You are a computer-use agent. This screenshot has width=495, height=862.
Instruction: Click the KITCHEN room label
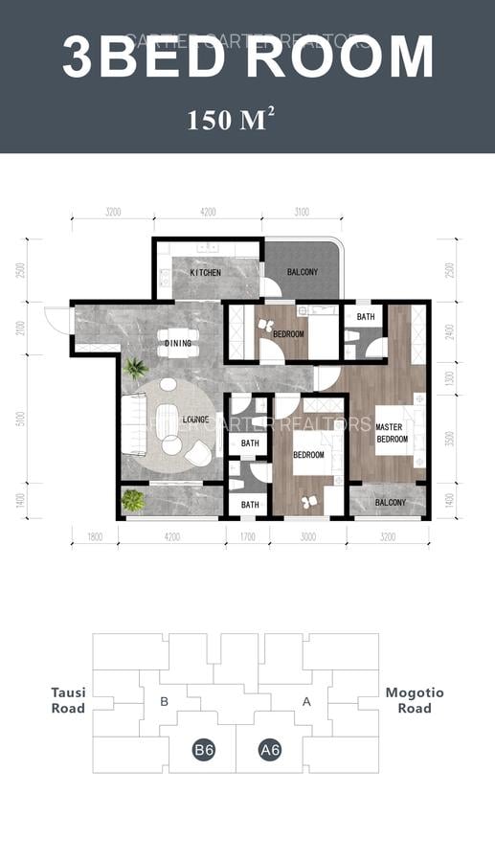point(205,273)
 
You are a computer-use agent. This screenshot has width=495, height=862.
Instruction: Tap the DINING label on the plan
point(178,343)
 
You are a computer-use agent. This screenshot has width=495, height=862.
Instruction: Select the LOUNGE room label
point(196,420)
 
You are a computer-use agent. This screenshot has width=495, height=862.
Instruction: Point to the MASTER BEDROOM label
point(391,433)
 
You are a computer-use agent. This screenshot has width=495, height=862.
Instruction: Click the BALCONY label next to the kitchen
point(303,273)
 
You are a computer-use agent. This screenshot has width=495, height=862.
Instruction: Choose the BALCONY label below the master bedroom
point(390,503)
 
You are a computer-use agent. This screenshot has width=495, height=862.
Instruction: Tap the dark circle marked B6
point(203,750)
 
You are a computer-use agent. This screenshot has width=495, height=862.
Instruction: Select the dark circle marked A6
point(269,750)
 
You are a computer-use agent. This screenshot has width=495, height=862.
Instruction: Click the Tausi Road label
point(68,700)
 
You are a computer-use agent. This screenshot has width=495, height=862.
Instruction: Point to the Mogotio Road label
point(415,700)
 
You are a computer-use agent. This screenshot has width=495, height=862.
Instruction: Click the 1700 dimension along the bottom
point(247,538)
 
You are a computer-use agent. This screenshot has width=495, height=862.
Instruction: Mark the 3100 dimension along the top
point(302,213)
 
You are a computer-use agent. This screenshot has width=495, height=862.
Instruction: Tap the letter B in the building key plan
point(164,702)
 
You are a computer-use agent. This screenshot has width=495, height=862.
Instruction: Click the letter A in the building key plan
point(306,702)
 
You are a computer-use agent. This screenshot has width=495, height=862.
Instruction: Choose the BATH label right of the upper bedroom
point(366,316)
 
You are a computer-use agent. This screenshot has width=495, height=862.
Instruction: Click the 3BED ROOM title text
point(247,57)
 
